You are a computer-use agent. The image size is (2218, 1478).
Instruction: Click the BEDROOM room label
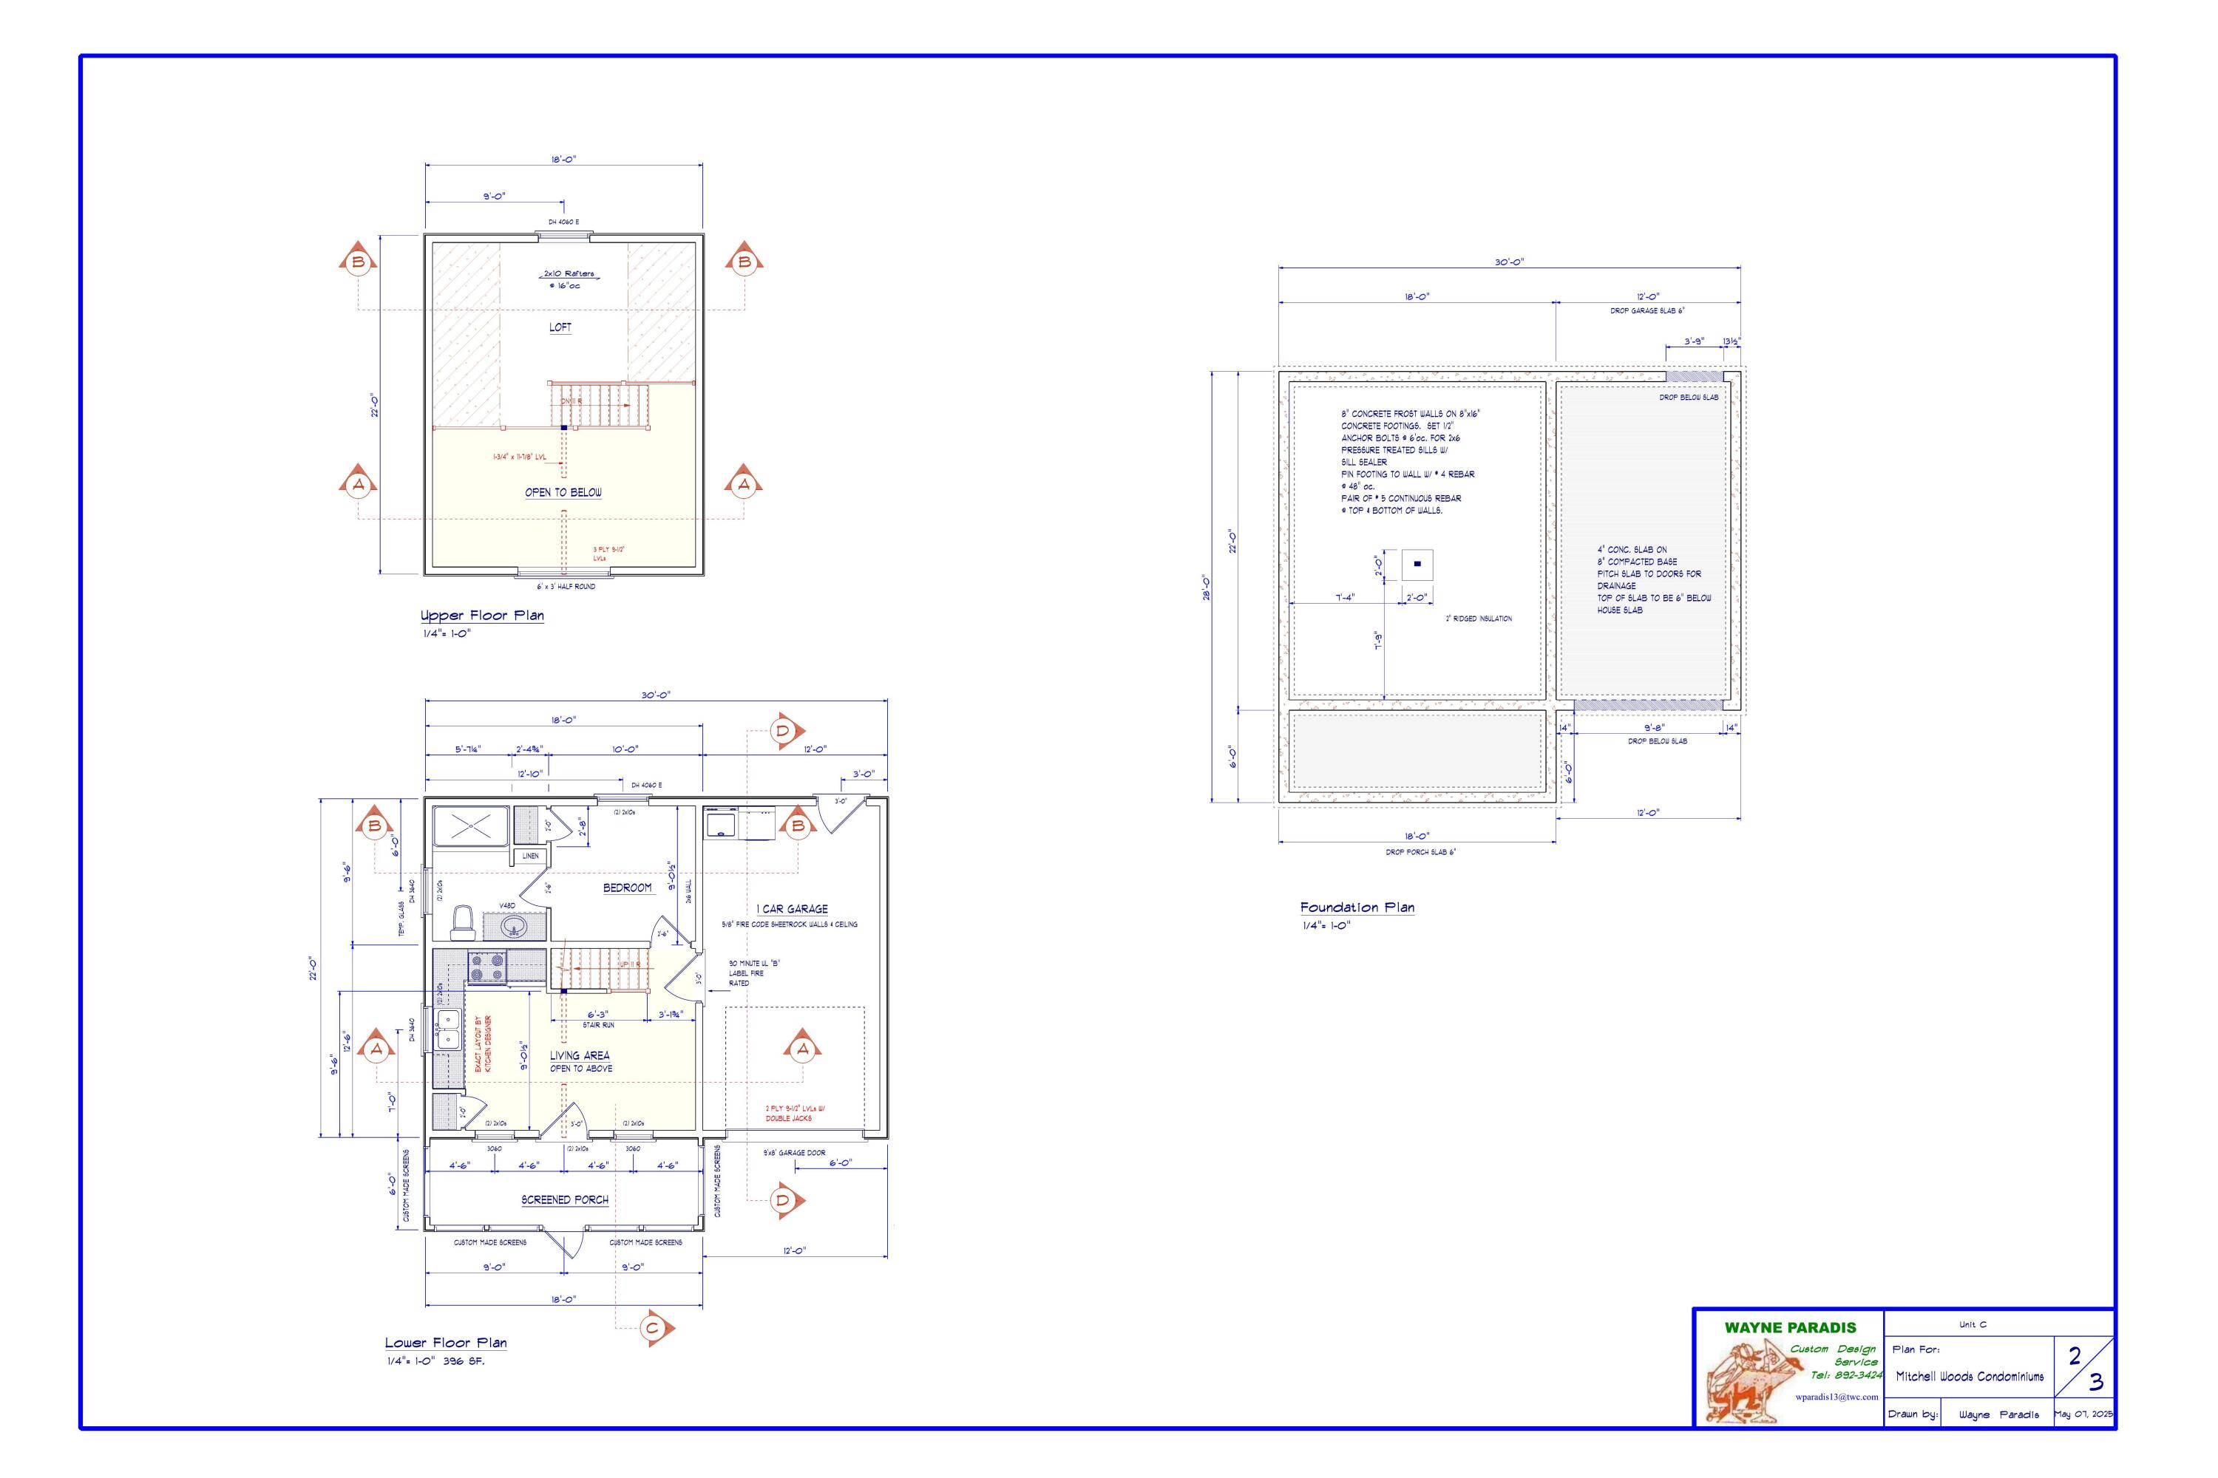[x=627, y=888]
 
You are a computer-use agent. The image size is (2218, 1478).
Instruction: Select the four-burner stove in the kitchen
[x=487, y=968]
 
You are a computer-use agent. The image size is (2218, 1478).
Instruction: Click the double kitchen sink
[x=447, y=1029]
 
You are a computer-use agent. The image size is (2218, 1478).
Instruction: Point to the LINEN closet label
[x=531, y=856]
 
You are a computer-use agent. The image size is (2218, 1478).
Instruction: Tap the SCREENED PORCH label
[x=565, y=1200]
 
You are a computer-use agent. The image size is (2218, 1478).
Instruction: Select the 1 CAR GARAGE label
[x=792, y=909]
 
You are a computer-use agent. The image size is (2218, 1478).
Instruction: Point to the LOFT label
[x=560, y=327]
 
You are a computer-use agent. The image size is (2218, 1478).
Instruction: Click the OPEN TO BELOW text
[x=563, y=492]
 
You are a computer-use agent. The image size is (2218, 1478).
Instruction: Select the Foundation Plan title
[x=1357, y=907]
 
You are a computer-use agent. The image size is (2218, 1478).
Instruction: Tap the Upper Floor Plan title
[x=482, y=616]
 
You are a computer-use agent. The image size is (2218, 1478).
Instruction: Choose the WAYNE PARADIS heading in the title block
[x=1790, y=1327]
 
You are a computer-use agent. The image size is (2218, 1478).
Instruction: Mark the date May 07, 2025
[x=2083, y=1414]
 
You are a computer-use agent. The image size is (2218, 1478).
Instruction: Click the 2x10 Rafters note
[x=569, y=273]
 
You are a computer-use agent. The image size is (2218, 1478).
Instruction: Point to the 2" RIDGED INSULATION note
[x=1479, y=619]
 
